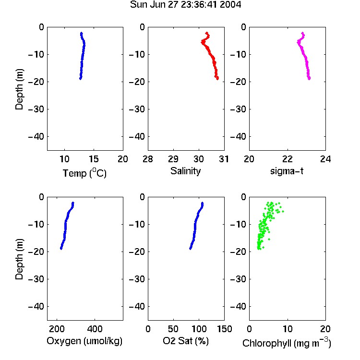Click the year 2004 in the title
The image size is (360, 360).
(x=230, y=5)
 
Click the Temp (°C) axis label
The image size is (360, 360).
(x=84, y=173)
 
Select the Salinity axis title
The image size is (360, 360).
(x=185, y=171)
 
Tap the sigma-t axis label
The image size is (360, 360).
(x=287, y=171)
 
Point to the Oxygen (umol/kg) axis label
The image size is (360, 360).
(x=84, y=341)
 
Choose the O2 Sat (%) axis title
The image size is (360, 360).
(x=186, y=341)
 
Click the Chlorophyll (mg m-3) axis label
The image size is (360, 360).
(x=287, y=343)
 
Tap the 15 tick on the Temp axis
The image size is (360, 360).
(x=94, y=159)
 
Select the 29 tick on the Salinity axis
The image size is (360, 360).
(x=173, y=159)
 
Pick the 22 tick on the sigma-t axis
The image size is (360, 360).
(x=288, y=159)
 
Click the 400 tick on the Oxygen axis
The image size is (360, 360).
(x=95, y=329)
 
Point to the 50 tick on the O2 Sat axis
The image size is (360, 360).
(x=173, y=329)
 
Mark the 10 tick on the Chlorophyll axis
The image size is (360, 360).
(x=288, y=329)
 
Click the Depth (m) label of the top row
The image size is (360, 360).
(x=19, y=89)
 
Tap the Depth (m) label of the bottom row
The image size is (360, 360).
(x=19, y=259)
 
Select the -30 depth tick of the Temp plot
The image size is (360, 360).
(x=36, y=109)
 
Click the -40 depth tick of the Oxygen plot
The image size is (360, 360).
(x=36, y=306)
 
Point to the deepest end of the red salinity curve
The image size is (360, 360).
(x=217, y=79)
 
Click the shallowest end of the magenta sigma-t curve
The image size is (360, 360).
(x=302, y=33)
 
